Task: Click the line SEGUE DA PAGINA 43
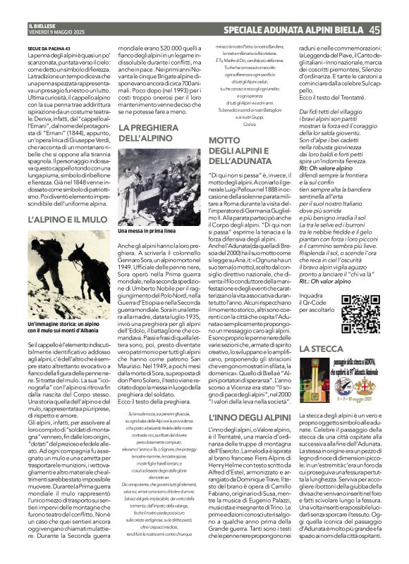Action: point(50,48)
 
